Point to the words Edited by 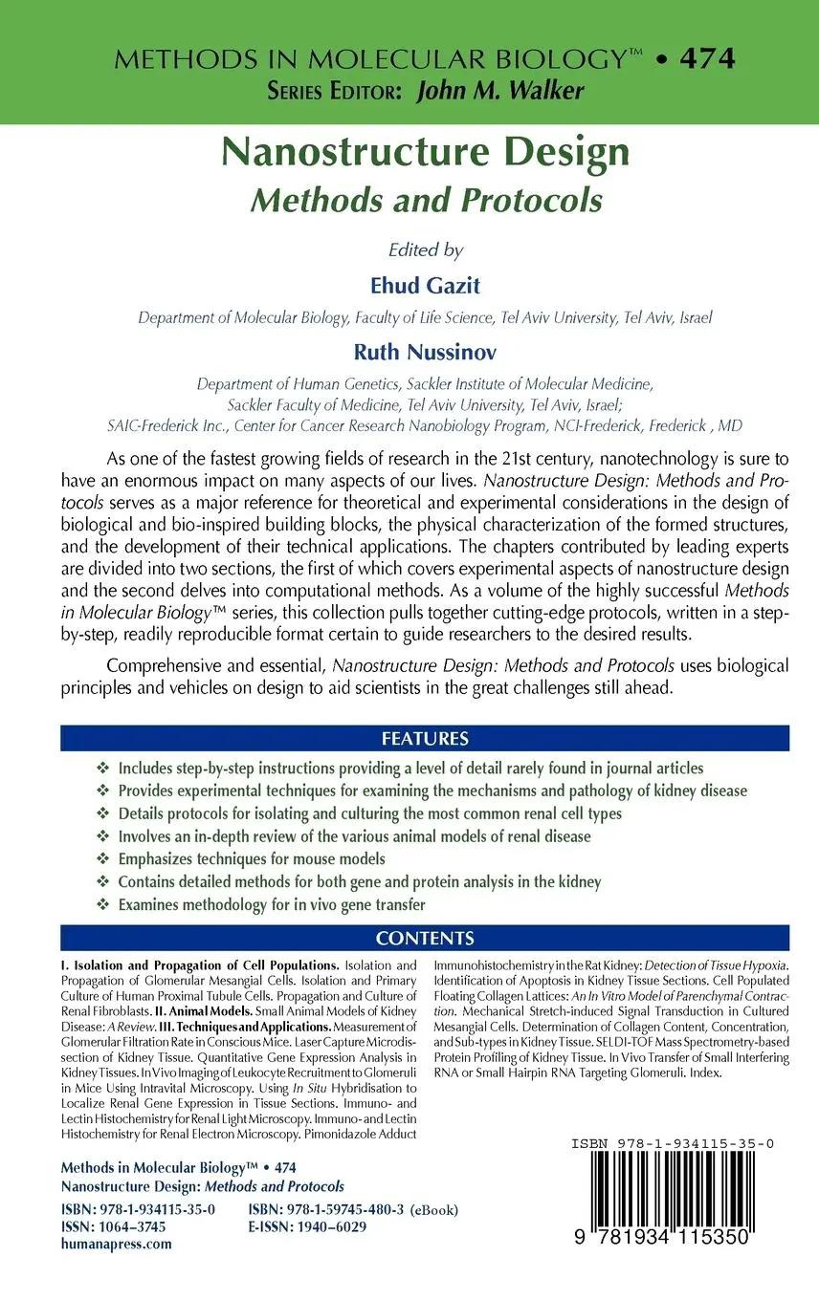[x=425, y=250]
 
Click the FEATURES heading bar [x=425, y=739]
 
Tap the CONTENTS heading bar [x=425, y=938]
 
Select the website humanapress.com [x=117, y=1244]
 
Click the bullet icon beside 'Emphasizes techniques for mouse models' [x=103, y=859]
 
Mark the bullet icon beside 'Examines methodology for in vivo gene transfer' [x=103, y=905]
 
